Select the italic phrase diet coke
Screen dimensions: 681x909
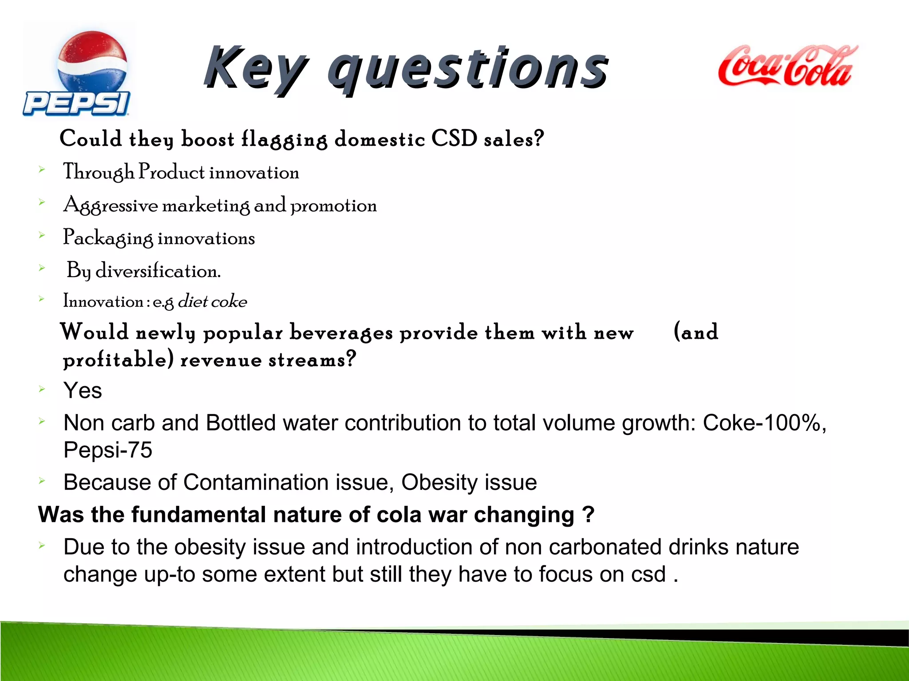[212, 302]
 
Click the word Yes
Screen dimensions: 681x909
[83, 391]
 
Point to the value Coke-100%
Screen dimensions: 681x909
[764, 423]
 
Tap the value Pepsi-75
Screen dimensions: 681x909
[108, 450]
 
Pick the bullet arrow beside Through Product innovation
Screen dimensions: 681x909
[42, 169]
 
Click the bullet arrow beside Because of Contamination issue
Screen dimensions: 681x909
[42, 480]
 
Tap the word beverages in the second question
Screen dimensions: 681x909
[341, 333]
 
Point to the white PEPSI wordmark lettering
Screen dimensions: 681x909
[76, 104]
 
